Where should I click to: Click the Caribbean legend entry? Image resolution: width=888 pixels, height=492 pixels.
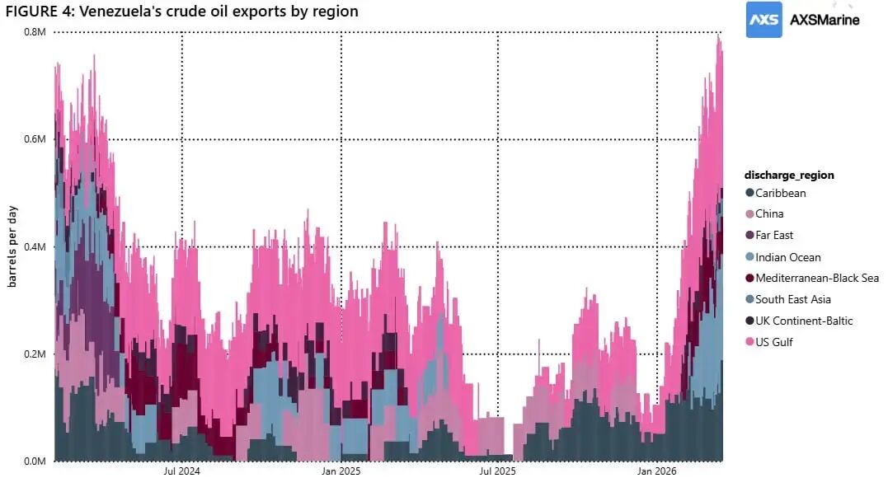[780, 193]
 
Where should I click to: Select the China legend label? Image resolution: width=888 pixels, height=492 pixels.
[769, 213]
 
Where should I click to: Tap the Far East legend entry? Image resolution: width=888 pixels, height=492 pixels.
[774, 235]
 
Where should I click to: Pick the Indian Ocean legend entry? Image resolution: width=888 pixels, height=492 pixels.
[787, 257]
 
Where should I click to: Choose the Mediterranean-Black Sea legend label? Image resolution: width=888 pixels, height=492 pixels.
[816, 278]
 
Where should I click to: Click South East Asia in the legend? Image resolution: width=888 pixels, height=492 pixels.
[792, 299]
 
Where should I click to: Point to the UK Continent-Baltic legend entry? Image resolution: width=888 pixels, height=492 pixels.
[804, 321]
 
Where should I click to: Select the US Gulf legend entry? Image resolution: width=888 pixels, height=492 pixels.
[773, 342]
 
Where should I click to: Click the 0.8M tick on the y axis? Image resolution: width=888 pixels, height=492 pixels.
[34, 31]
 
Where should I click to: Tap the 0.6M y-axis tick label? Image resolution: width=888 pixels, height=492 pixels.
[34, 139]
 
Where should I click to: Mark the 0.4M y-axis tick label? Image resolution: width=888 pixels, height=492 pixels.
[34, 246]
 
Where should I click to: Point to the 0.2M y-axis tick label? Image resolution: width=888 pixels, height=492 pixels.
[34, 354]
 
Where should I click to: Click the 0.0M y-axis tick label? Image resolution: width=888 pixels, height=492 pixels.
[34, 461]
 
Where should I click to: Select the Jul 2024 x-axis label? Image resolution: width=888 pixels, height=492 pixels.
[181, 472]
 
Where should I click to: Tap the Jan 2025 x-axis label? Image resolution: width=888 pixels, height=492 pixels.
[341, 472]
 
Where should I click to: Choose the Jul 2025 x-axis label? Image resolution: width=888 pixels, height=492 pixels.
[497, 472]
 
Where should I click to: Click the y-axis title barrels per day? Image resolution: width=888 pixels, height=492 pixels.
[12, 246]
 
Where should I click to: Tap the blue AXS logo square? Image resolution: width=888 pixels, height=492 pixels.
[764, 19]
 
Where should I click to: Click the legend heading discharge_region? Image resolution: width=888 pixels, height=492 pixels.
[789, 175]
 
